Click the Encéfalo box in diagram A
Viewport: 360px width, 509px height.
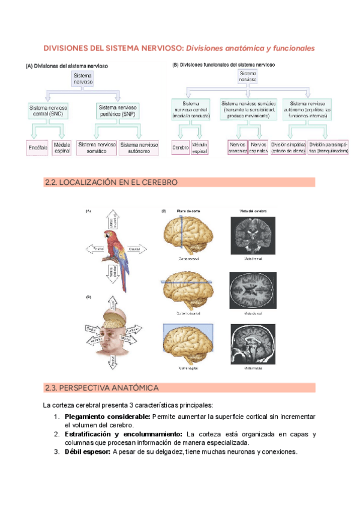pyautogui.click(x=37, y=148)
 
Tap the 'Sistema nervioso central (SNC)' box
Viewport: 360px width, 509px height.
pyautogui.click(x=49, y=110)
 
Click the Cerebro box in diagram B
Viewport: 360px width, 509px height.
pyautogui.click(x=180, y=148)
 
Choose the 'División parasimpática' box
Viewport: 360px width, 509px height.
pyautogui.click(x=328, y=148)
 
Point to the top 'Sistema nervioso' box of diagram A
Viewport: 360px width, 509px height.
pyautogui.click(x=82, y=79)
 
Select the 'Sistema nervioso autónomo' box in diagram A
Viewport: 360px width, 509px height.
pyautogui.click(x=139, y=148)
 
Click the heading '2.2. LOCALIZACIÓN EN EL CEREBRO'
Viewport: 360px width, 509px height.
pyautogui.click(x=111, y=182)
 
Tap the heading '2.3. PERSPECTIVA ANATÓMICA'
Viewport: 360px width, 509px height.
pyautogui.click(x=101, y=388)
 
